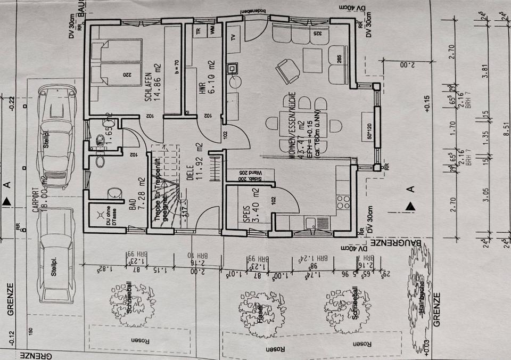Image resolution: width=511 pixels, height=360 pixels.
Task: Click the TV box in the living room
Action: click(233, 37)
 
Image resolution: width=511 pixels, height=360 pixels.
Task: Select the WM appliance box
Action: click(212, 32)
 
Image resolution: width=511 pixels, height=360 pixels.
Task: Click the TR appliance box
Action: click(199, 32)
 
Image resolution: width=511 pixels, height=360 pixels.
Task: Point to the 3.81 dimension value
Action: click(484, 71)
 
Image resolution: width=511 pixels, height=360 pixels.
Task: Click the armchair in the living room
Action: click(287, 70)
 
